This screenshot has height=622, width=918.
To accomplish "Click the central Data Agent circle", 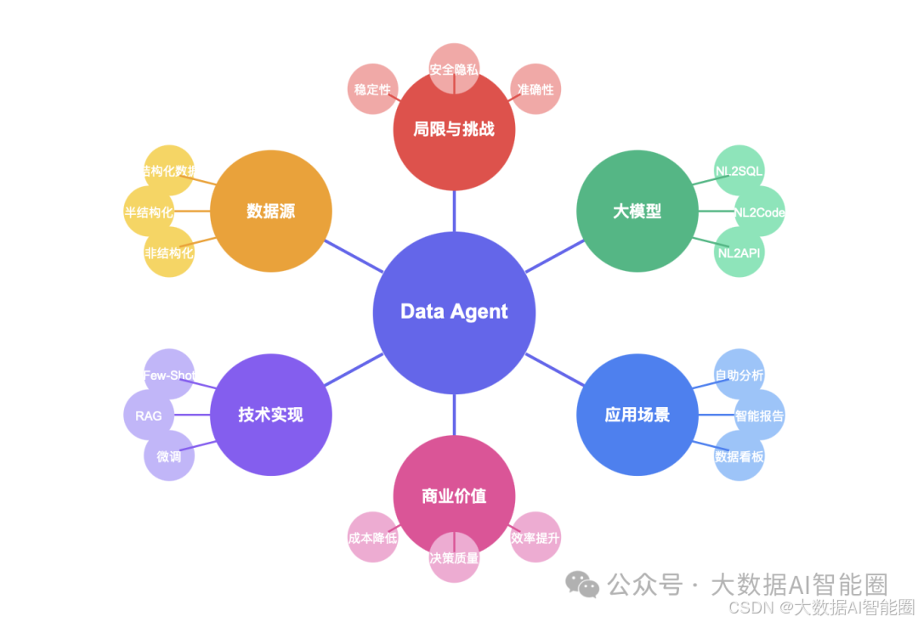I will click(x=454, y=312).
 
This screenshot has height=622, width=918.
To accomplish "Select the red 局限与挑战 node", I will click(x=454, y=130).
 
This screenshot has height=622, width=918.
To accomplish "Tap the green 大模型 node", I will click(x=637, y=212).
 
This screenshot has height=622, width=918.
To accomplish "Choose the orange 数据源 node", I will click(x=270, y=212).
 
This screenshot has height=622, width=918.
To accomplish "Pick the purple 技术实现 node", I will click(x=270, y=415).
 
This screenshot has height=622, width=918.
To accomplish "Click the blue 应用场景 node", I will click(x=637, y=415).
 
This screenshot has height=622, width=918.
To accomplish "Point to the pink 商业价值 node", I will click(x=454, y=496).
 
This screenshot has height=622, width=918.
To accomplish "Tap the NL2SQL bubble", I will click(x=739, y=171).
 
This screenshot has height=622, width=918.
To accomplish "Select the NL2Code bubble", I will click(x=760, y=212).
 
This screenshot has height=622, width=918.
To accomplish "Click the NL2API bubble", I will click(x=739, y=252).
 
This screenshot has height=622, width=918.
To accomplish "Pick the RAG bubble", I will click(x=148, y=416).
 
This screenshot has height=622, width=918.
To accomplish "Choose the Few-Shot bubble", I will click(x=168, y=375).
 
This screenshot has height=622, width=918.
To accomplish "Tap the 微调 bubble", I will click(x=168, y=456).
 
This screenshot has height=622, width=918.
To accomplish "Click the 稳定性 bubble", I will click(x=372, y=89).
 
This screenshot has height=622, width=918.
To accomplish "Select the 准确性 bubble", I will click(x=535, y=89).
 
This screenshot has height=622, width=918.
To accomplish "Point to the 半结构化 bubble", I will click(x=148, y=212).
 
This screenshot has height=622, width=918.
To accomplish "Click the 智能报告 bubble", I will click(x=760, y=416).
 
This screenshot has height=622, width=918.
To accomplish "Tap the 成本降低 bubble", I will click(x=372, y=538).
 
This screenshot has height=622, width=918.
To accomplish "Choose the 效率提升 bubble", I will click(x=535, y=538).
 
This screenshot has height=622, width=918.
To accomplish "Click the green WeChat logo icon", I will click(x=583, y=585).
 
